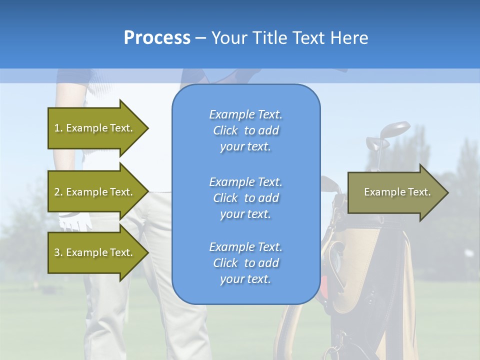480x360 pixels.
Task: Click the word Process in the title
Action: click(157, 38)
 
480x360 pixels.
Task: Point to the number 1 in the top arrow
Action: click(57, 128)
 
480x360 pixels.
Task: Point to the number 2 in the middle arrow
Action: click(57, 192)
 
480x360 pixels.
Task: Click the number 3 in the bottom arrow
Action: click(57, 252)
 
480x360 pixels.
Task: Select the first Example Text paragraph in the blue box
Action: click(245, 130)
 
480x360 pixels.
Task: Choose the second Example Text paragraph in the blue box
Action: click(245, 198)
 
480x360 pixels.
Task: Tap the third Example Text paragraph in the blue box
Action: click(245, 263)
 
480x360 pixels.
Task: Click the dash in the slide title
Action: click(200, 38)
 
